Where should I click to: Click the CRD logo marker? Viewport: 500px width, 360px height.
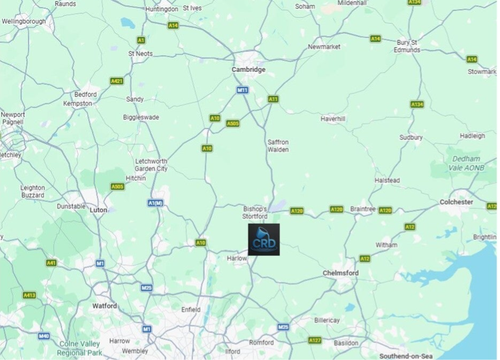coord(263,239)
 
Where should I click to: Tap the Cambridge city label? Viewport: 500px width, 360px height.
coord(248,70)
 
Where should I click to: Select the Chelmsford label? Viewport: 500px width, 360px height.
coord(341,273)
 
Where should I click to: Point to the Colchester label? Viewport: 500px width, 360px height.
coord(456,202)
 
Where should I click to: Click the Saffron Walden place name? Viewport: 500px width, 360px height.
coord(278,146)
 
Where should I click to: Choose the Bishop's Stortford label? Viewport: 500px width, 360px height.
coord(255,212)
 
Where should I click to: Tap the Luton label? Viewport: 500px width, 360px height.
coord(99,210)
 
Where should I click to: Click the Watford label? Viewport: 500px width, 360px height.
coord(105,306)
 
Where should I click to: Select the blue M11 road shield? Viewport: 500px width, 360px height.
coord(242,90)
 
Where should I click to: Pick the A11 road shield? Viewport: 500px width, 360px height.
coord(273,99)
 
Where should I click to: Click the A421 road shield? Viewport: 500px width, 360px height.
coord(117,81)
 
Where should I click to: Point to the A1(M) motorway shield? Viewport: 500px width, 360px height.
coord(155,203)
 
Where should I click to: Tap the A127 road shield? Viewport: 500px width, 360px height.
coord(315,340)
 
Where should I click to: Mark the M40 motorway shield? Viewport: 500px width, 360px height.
coord(44,336)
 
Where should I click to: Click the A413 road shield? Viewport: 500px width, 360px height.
coord(29,295)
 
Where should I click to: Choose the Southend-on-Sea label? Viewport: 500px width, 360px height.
coord(406,356)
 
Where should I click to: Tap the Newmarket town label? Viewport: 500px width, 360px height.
coord(324,47)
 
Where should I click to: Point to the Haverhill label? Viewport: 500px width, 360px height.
coord(333,119)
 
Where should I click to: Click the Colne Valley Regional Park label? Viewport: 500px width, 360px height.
coord(80,348)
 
